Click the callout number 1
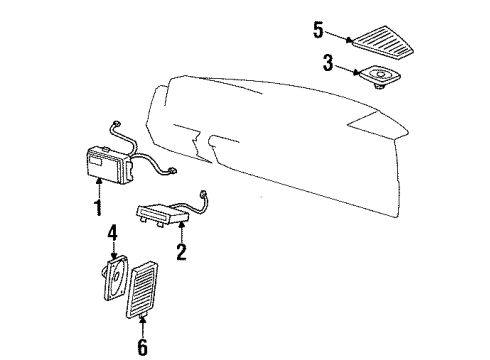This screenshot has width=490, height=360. [97, 208]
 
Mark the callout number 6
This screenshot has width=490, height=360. [142, 347]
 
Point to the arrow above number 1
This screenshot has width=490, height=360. [98, 188]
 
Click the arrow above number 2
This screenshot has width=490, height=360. [180, 230]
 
